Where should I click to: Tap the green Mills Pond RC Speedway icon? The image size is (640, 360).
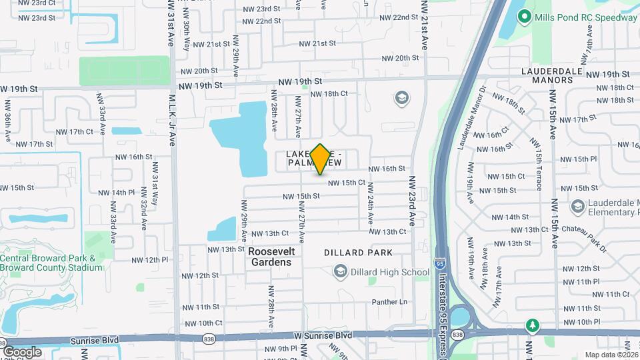[x=525, y=16]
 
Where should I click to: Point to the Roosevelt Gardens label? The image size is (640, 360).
[x=270, y=257]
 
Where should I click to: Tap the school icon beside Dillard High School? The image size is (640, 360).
[x=341, y=271]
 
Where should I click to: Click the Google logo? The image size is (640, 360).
[x=22, y=351]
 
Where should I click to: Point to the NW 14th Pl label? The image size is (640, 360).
[x=117, y=193]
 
